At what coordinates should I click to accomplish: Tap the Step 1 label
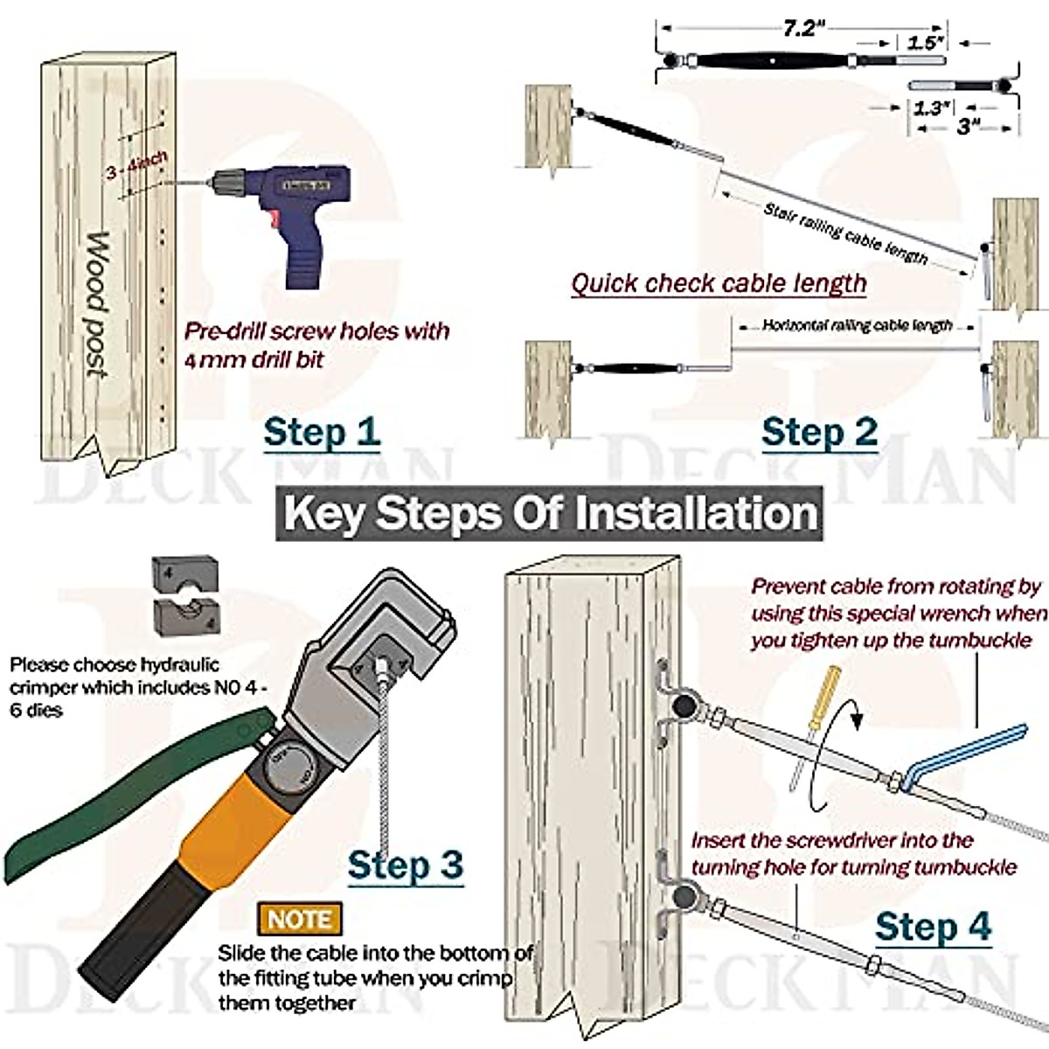pyautogui.click(x=322, y=433)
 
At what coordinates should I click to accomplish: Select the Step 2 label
pyautogui.click(x=819, y=433)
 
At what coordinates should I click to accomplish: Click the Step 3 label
pyautogui.click(x=405, y=865)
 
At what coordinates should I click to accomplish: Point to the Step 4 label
pyautogui.click(x=933, y=927)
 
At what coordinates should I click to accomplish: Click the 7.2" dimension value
pyautogui.click(x=803, y=29)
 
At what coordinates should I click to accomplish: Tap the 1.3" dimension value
pyautogui.click(x=932, y=108)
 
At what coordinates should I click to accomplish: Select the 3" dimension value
pyautogui.click(x=966, y=127)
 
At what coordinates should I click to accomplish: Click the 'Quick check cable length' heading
pyautogui.click(x=719, y=284)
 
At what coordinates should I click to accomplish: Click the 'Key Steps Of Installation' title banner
pyautogui.click(x=550, y=513)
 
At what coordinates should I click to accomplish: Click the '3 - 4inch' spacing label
pyautogui.click(x=136, y=165)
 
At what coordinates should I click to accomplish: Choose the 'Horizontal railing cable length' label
pyautogui.click(x=857, y=325)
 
